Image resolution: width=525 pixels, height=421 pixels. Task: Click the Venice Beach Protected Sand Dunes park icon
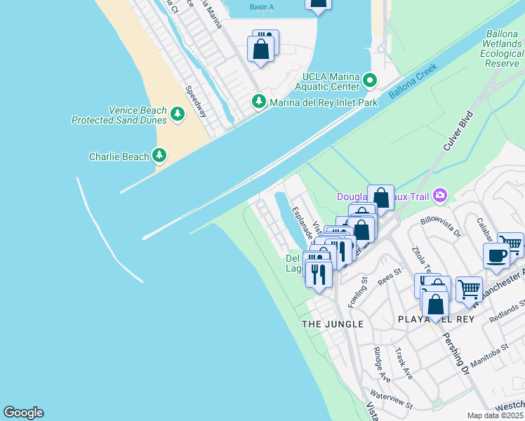177,113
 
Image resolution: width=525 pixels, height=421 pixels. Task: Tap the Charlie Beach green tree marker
160,155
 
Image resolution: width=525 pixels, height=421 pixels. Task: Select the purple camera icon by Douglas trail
440,195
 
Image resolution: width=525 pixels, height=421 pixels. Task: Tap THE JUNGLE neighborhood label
332,323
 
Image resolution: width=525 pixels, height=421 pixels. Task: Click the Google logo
23,413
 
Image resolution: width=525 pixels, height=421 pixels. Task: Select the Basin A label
262,7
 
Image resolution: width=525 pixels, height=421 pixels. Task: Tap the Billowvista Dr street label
441,225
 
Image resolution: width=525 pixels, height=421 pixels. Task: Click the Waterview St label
391,401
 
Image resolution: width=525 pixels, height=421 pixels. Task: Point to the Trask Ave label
403,363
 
